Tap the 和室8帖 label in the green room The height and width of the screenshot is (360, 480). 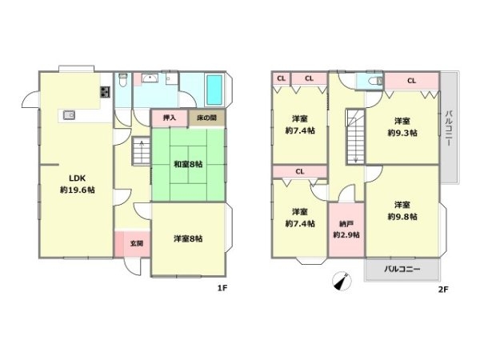[x=188, y=164]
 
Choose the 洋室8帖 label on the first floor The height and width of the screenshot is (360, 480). [x=188, y=238]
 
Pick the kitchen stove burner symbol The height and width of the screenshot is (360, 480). [x=104, y=92]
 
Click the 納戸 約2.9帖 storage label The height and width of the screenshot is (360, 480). [x=346, y=229]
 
